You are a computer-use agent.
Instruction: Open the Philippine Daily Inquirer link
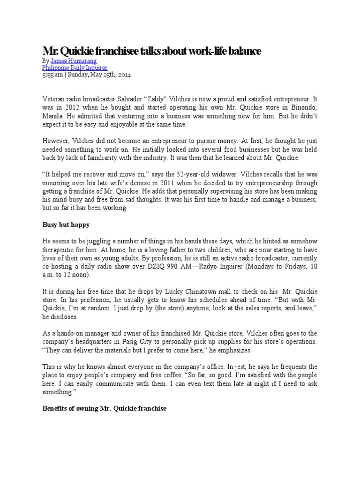coord(75,68)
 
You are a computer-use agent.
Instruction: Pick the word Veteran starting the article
coord(55,99)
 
